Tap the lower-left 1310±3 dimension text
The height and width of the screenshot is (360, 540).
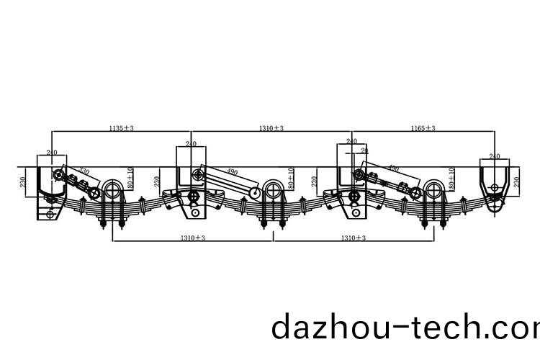click(x=193, y=238)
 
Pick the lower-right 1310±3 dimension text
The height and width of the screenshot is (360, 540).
click(x=353, y=238)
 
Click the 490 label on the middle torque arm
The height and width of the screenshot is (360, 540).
click(x=232, y=172)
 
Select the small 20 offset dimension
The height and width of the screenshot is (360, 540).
click(x=364, y=150)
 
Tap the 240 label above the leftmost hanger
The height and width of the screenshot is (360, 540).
click(x=52, y=153)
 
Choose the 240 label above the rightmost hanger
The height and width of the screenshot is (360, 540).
click(x=495, y=156)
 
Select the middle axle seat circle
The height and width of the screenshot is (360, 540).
click(x=272, y=190)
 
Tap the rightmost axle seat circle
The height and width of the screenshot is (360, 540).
click(x=432, y=190)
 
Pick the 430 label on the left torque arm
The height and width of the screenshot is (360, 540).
click(x=84, y=172)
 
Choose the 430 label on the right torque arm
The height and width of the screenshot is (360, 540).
click(x=393, y=168)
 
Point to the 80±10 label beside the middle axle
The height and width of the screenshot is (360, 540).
click(x=291, y=178)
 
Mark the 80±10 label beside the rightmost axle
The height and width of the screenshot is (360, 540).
click(x=451, y=178)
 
